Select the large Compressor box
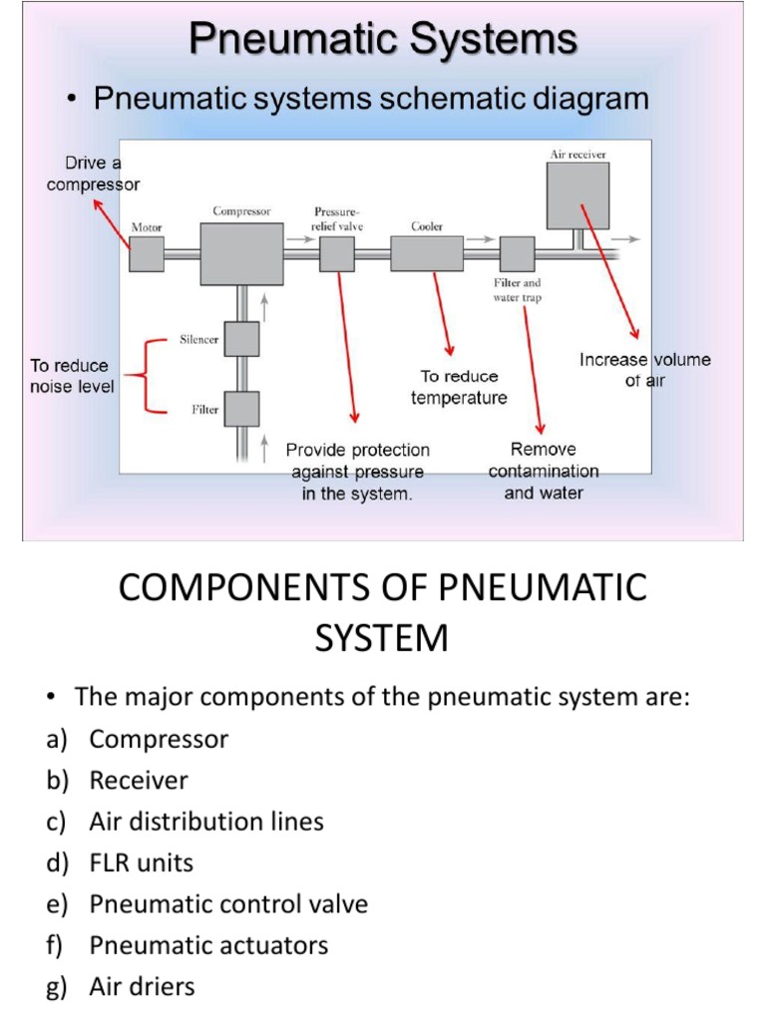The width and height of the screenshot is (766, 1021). [x=241, y=253]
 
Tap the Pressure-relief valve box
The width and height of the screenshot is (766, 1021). [x=337, y=255]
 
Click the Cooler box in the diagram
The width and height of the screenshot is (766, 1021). [x=427, y=254]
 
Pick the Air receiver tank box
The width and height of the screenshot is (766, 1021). [x=577, y=195]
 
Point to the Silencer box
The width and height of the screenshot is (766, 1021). [x=241, y=339]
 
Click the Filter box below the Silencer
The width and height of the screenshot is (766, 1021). [x=241, y=409]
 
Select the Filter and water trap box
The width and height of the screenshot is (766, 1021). [x=517, y=254]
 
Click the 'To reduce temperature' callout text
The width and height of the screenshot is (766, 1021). [x=459, y=387]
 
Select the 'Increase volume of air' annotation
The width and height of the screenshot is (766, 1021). [x=645, y=370]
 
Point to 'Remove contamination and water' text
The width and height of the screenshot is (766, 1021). [x=544, y=471]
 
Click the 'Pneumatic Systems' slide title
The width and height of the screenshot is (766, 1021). [x=383, y=41]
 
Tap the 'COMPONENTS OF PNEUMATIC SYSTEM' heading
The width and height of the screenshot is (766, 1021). [x=383, y=611]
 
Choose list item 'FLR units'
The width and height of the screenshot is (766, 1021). [x=141, y=862]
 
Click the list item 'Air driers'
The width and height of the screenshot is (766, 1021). [x=142, y=987]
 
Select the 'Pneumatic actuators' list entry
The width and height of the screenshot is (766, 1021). [x=208, y=945]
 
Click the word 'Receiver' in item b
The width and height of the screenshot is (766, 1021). [x=139, y=780]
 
